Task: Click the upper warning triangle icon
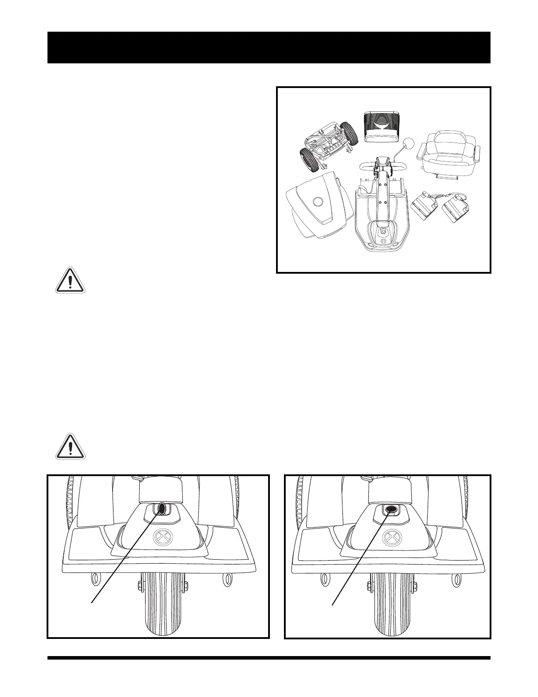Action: click(x=70, y=280)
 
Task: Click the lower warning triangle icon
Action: click(x=70, y=447)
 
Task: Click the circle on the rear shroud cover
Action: click(x=317, y=202)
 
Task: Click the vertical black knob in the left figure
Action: click(x=162, y=508)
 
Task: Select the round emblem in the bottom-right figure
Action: click(x=389, y=537)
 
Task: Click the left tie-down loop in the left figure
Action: click(x=95, y=580)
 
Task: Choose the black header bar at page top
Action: click(x=269, y=48)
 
